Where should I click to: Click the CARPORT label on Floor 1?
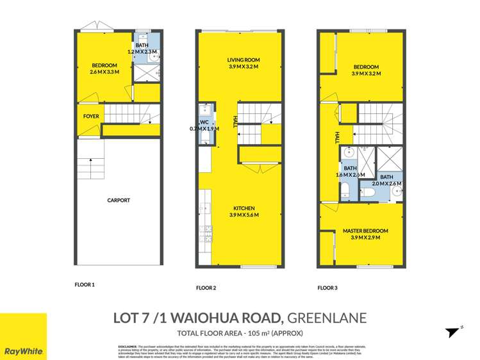(x=119, y=200)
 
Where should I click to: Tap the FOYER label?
(x=91, y=117)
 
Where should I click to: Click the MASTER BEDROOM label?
(x=365, y=231)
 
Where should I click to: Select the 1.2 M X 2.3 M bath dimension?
(x=142, y=51)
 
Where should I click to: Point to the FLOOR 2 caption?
(x=206, y=288)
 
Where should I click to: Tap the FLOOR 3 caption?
(x=327, y=288)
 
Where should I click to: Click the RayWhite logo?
(x=23, y=351)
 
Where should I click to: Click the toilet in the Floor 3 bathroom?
(x=345, y=187)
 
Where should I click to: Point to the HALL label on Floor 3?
(x=336, y=138)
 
